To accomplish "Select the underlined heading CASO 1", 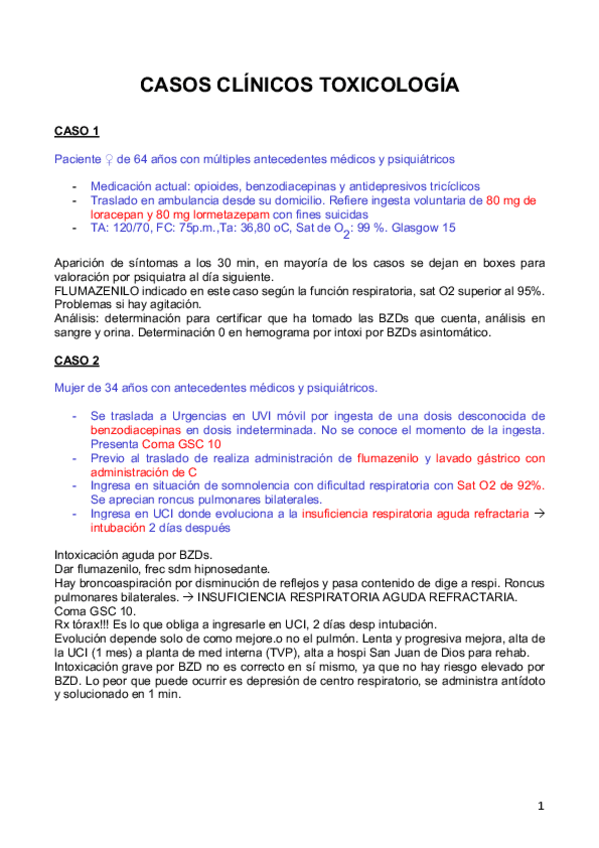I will tap(76, 131).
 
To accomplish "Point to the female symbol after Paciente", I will tap(107, 159).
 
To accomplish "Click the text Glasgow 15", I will tap(423, 228).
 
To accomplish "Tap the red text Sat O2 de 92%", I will tap(501, 485).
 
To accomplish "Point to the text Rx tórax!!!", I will tap(86, 624).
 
